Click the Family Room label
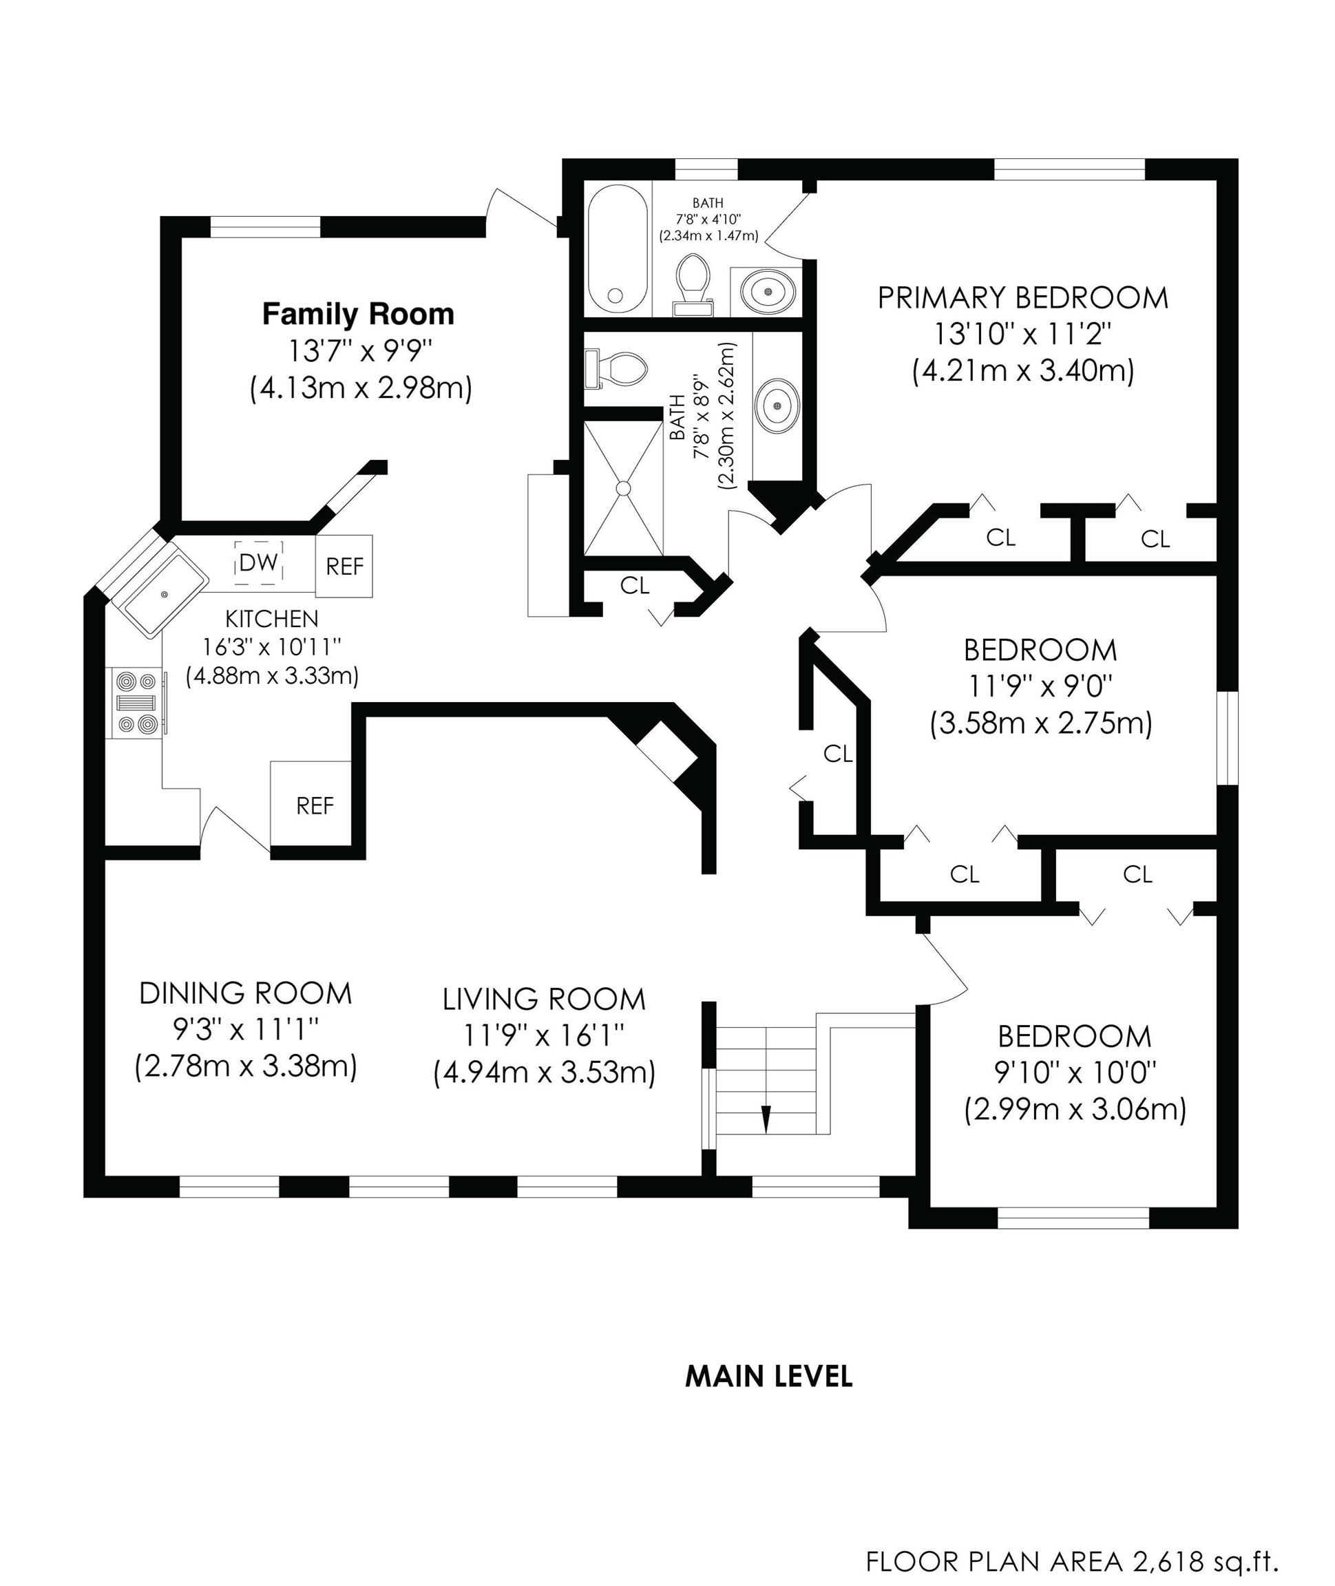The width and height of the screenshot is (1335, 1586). click(x=358, y=314)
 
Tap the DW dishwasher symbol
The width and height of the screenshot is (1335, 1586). click(x=259, y=562)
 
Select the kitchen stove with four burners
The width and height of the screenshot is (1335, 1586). click(x=137, y=703)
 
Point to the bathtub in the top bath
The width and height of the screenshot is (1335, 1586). click(x=618, y=249)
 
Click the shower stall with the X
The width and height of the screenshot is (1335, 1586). click(x=624, y=488)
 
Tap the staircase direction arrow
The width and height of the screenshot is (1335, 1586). click(x=766, y=1119)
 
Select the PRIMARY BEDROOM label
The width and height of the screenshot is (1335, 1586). click(x=1023, y=297)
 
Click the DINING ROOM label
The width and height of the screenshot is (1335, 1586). click(x=246, y=993)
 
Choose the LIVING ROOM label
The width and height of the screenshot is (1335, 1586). click(x=544, y=1000)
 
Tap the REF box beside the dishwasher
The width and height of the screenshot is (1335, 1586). click(x=344, y=566)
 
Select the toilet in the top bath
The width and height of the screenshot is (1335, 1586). click(x=693, y=284)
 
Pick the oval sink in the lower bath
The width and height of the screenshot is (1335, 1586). click(x=777, y=405)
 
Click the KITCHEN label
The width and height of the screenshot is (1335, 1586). click(x=272, y=619)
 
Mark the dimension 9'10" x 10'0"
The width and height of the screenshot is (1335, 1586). click(x=1075, y=1072)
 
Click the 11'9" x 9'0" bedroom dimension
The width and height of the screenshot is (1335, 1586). click(x=1040, y=686)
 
